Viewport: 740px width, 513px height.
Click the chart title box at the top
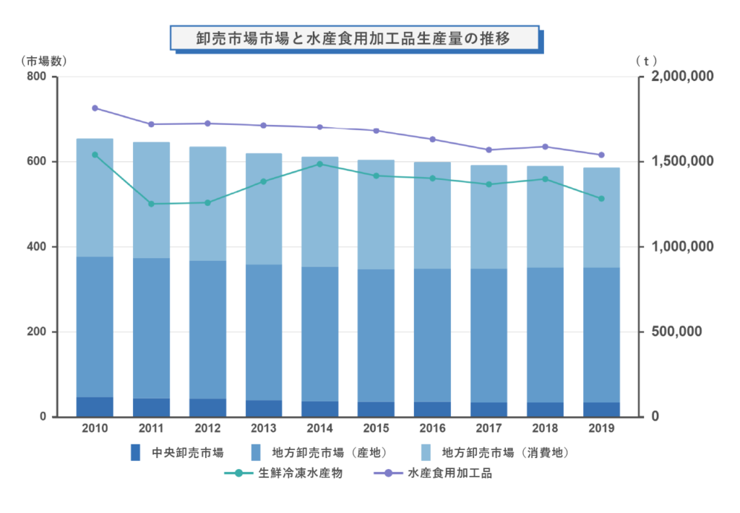353,38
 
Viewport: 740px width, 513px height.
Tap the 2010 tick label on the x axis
95,428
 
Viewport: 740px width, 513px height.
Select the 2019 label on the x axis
601,428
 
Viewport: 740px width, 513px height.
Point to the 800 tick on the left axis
36,77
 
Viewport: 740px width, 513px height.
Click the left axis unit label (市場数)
42,59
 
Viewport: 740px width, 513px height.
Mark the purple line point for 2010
95,108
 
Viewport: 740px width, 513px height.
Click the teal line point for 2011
151,204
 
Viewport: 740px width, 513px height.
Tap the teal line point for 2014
319,164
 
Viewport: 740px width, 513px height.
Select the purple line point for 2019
601,155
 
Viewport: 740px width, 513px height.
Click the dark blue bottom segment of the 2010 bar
95,407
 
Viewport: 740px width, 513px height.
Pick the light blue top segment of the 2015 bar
376,215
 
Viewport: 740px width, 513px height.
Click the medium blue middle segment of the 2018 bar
545,335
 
